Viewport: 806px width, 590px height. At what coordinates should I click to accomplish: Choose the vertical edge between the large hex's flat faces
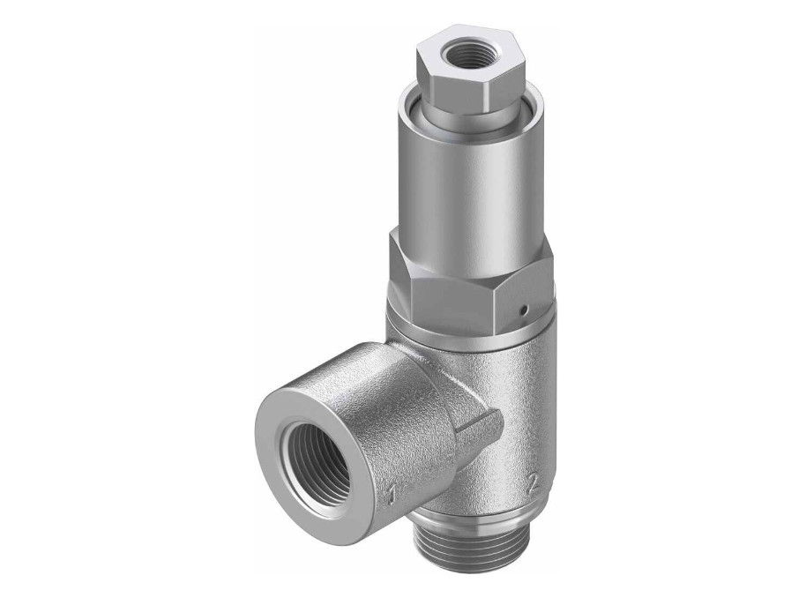503,282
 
